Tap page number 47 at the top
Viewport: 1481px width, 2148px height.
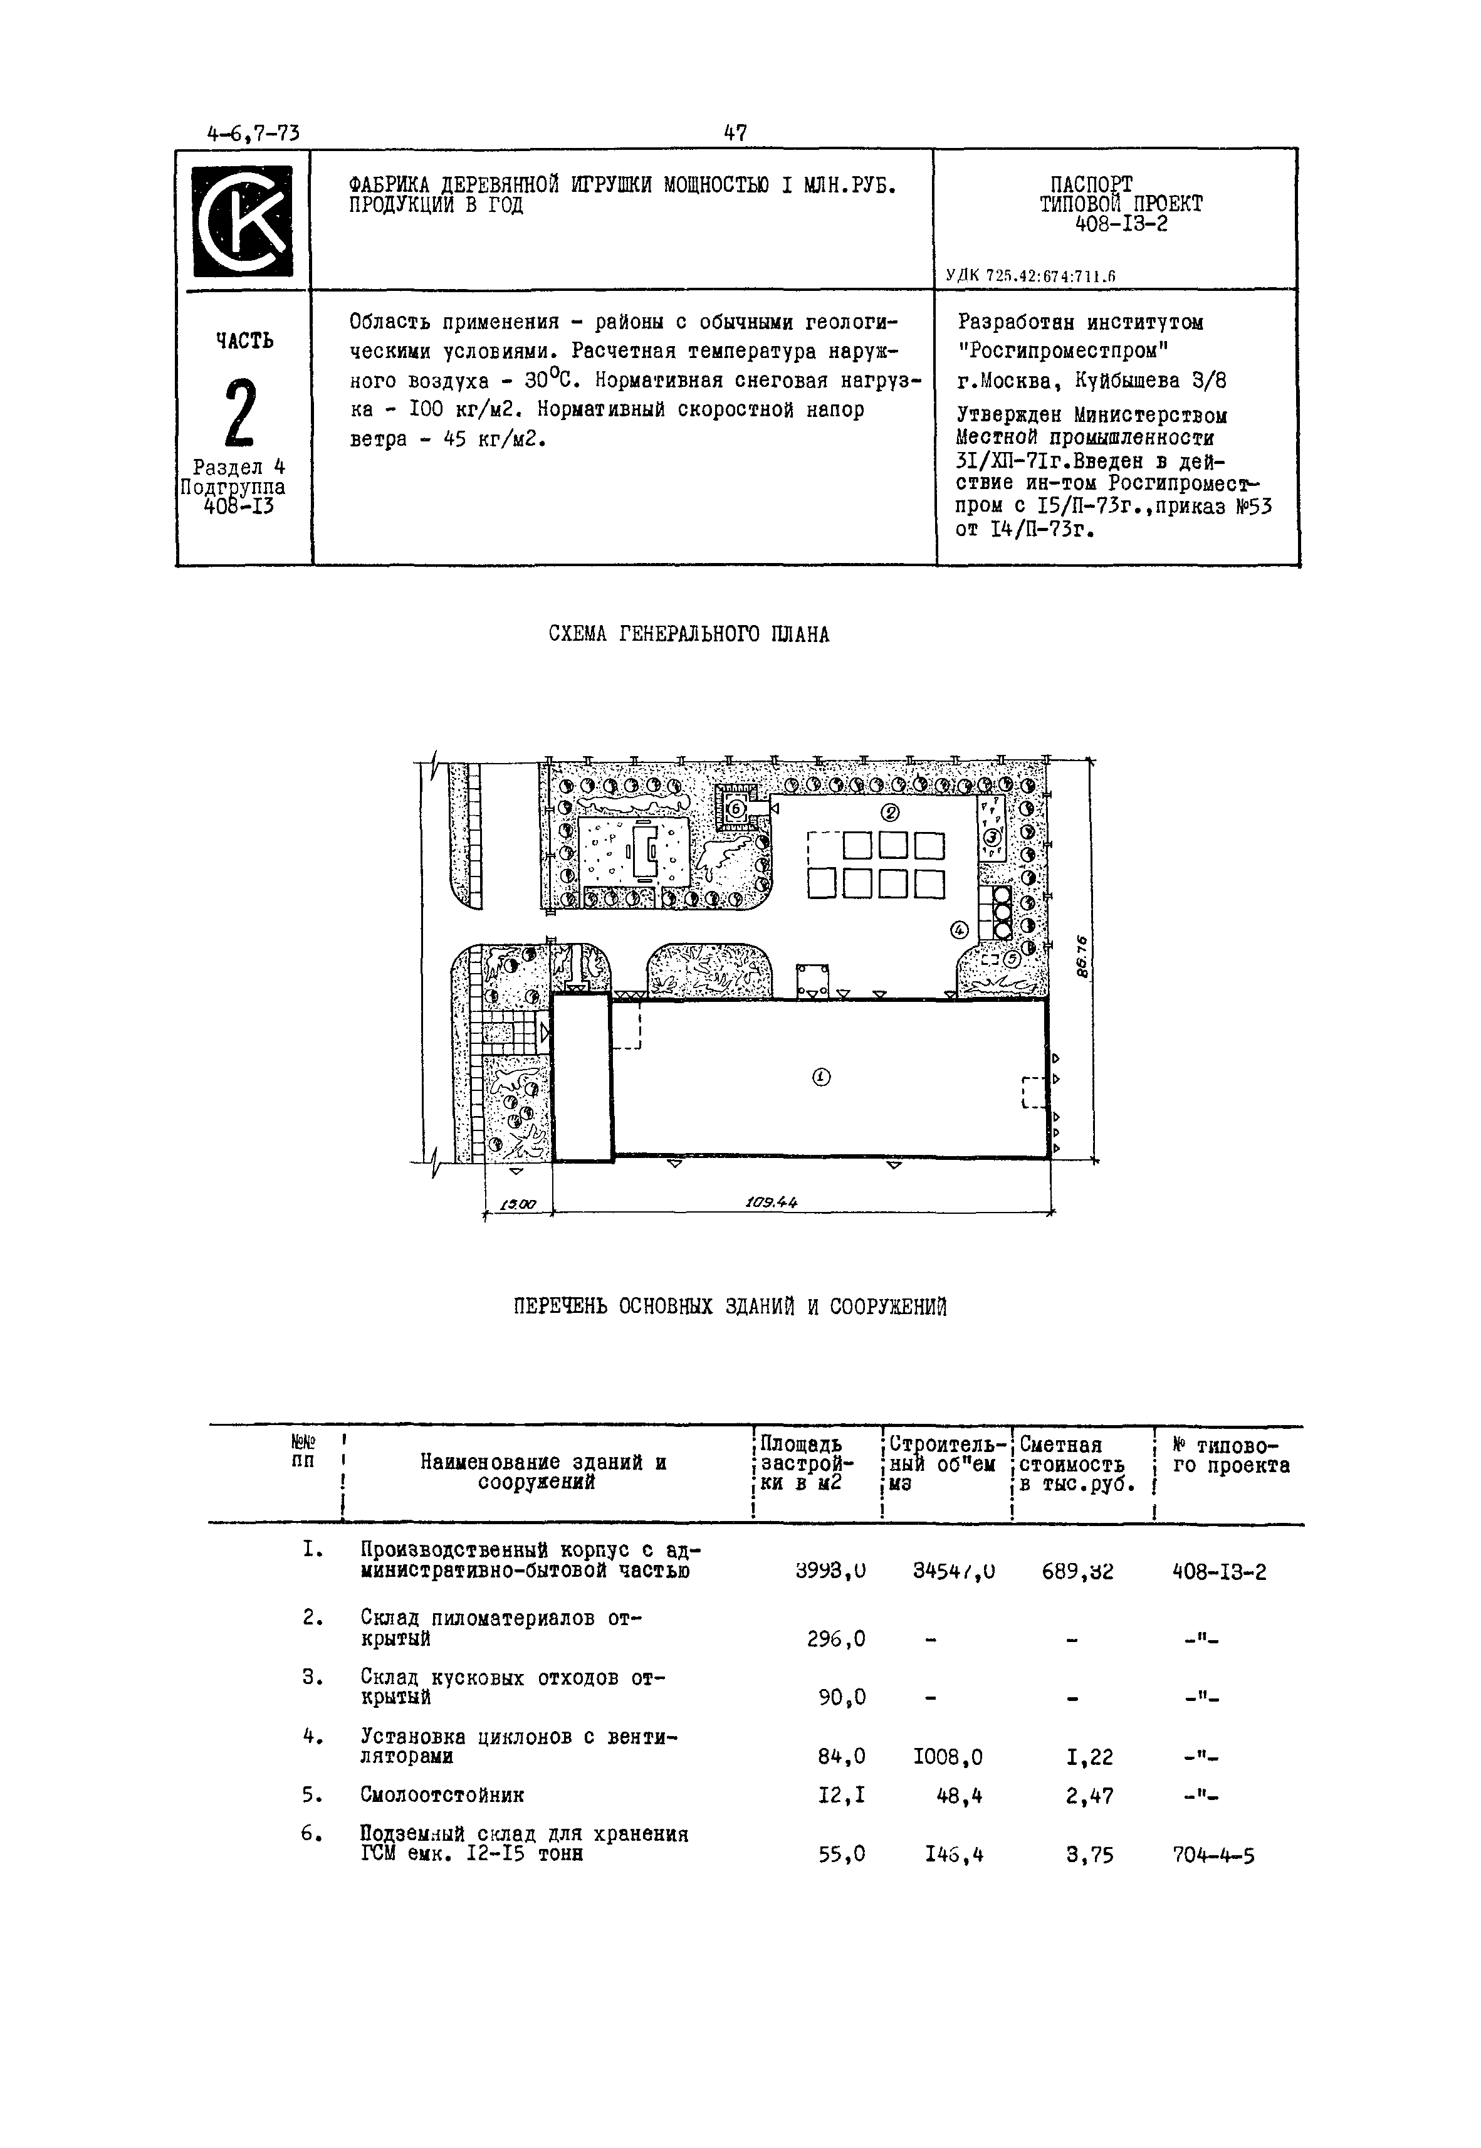pyautogui.click(x=735, y=134)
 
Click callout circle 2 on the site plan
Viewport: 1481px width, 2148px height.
pyautogui.click(x=890, y=813)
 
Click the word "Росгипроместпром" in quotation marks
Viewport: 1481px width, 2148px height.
pyautogui.click(x=1062, y=352)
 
